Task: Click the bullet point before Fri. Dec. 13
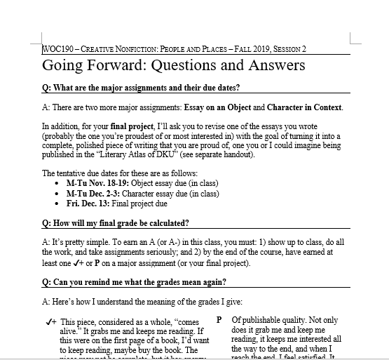click(x=57, y=204)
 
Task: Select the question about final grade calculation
click(x=116, y=223)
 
